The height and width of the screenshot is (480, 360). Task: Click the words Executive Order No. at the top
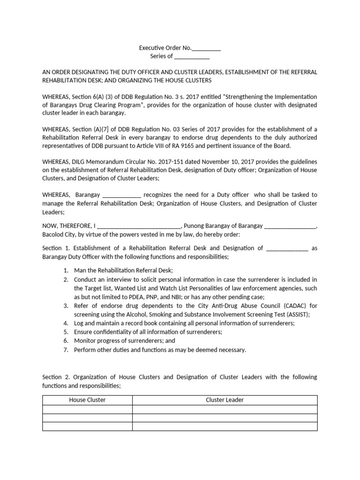[x=165, y=48]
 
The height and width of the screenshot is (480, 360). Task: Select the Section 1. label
[x=52, y=248]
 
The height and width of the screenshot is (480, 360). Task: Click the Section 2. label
[x=52, y=377]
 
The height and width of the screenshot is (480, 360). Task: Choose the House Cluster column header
[x=87, y=400]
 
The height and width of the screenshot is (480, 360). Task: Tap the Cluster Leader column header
[x=225, y=400]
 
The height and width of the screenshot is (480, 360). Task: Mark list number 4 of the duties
[x=66, y=323]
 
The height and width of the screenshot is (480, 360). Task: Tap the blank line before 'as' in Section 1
[x=287, y=248]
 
